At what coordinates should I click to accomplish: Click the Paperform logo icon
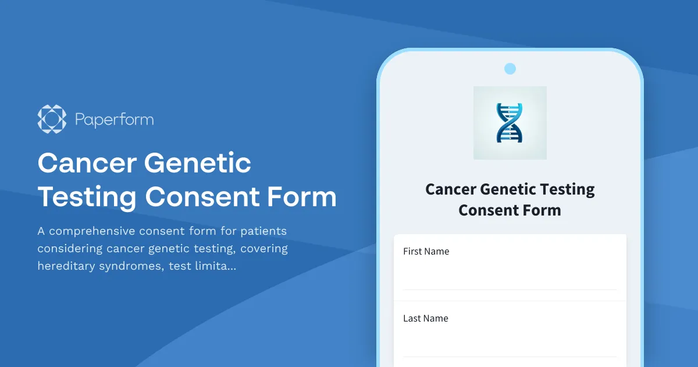click(52, 119)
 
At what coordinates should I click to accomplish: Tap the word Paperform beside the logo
click(114, 120)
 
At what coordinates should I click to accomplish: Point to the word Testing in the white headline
click(87, 197)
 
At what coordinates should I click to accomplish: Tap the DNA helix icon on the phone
click(510, 123)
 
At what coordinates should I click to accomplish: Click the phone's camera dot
click(510, 69)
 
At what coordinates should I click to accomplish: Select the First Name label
click(426, 252)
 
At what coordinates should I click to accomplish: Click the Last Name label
click(425, 319)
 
